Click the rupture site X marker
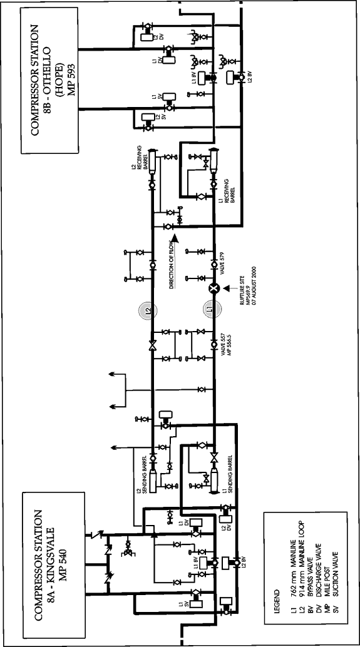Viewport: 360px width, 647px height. (x=213, y=288)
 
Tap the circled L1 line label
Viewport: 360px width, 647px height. (x=213, y=310)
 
